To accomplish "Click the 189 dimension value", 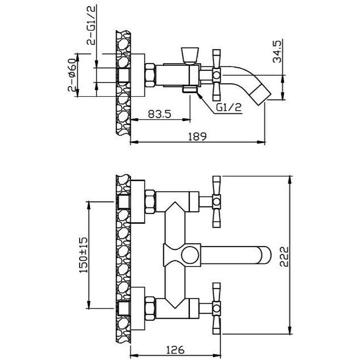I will [197, 136].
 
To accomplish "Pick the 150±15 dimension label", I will [84, 255].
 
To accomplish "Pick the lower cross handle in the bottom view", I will [216, 308].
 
